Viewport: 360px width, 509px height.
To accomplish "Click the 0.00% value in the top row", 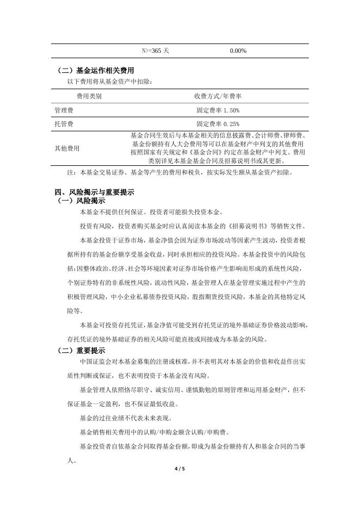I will pyautogui.click(x=238, y=51).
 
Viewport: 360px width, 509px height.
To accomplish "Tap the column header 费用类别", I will pyautogui.click(x=89, y=96).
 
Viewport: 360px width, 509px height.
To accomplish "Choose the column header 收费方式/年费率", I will pyautogui.click(x=218, y=96).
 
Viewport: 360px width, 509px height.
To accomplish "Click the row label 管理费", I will pyautogui.click(x=64, y=110).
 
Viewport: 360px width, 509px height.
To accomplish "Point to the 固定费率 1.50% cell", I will pyautogui.click(x=218, y=110).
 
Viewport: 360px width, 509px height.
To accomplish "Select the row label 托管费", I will pyautogui.click(x=64, y=124).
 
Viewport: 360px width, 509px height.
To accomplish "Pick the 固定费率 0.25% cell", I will pyautogui.click(x=218, y=124).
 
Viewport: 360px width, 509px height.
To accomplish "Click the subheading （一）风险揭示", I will pyautogui.click(x=82, y=200).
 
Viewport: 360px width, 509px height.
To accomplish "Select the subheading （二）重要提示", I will pyautogui.click(x=82, y=350).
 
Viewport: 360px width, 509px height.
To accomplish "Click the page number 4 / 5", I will pyautogui.click(x=180, y=469).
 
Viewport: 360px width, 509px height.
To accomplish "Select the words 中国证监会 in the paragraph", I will pyautogui.click(x=95, y=362).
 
